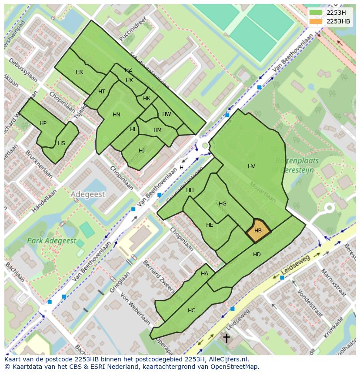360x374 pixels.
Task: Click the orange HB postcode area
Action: (258, 231)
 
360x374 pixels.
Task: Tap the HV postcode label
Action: (251, 166)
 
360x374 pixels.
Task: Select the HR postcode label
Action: (79, 72)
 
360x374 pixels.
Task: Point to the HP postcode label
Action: (43, 123)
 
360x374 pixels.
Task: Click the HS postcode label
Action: (61, 143)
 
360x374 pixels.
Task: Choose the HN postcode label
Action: (116, 115)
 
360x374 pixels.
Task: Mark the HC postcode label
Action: (191, 310)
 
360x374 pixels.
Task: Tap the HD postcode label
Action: (257, 255)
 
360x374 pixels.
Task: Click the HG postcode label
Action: (222, 203)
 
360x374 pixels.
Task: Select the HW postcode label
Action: (166, 114)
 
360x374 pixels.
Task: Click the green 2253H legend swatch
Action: (316, 13)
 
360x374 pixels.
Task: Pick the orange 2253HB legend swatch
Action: (316, 21)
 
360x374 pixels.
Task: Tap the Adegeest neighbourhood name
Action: (88, 194)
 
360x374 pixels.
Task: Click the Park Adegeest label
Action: (51, 241)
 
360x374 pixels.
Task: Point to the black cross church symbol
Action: (227, 338)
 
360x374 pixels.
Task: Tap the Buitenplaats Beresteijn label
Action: (297, 165)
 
